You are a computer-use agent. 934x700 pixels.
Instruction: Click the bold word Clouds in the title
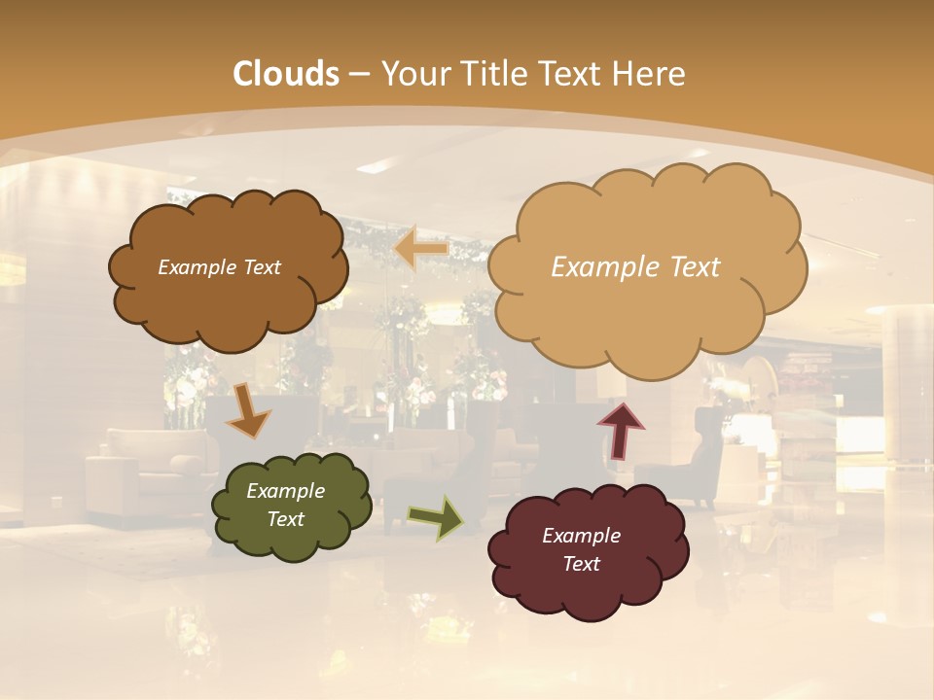(286, 74)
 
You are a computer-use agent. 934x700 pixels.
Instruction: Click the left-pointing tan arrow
(420, 249)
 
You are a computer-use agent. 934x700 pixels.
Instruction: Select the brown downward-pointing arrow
(249, 410)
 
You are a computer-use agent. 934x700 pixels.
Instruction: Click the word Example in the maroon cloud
(581, 536)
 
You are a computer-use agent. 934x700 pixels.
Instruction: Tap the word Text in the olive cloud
(286, 519)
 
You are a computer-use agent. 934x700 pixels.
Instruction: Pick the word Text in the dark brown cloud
(261, 267)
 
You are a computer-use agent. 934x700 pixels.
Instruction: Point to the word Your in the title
(411, 74)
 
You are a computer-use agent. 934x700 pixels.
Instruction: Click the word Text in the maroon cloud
(581, 564)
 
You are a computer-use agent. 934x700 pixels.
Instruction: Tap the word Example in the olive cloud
(285, 491)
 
